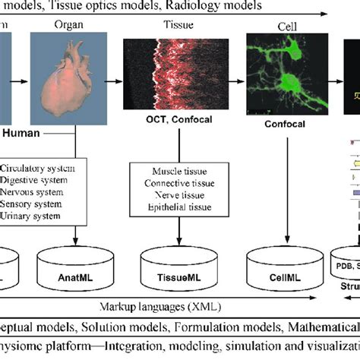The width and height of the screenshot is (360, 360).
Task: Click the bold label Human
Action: [24, 134]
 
